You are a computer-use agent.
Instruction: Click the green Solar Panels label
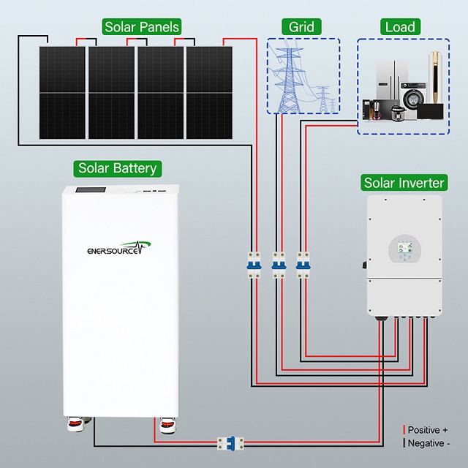coord(141,27)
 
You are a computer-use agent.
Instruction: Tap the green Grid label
coord(301,27)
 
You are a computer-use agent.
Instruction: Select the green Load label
coord(400,27)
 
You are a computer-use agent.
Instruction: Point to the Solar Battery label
coord(118,169)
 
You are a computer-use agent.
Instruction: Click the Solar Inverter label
coord(404,183)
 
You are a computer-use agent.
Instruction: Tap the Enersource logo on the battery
coord(118,249)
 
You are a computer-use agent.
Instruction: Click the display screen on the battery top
coord(91,190)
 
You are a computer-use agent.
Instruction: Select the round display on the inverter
coord(404,249)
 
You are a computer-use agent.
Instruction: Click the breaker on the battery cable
coord(230,443)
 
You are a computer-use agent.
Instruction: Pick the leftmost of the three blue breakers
coord(254,265)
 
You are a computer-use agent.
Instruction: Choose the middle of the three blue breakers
coord(279,265)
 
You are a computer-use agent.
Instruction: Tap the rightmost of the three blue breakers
coord(303,265)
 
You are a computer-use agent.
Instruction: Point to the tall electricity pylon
coord(289,80)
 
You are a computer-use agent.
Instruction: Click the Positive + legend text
coord(428,430)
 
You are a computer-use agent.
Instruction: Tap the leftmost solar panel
coord(62,93)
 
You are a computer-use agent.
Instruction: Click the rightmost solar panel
coord(210,93)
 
